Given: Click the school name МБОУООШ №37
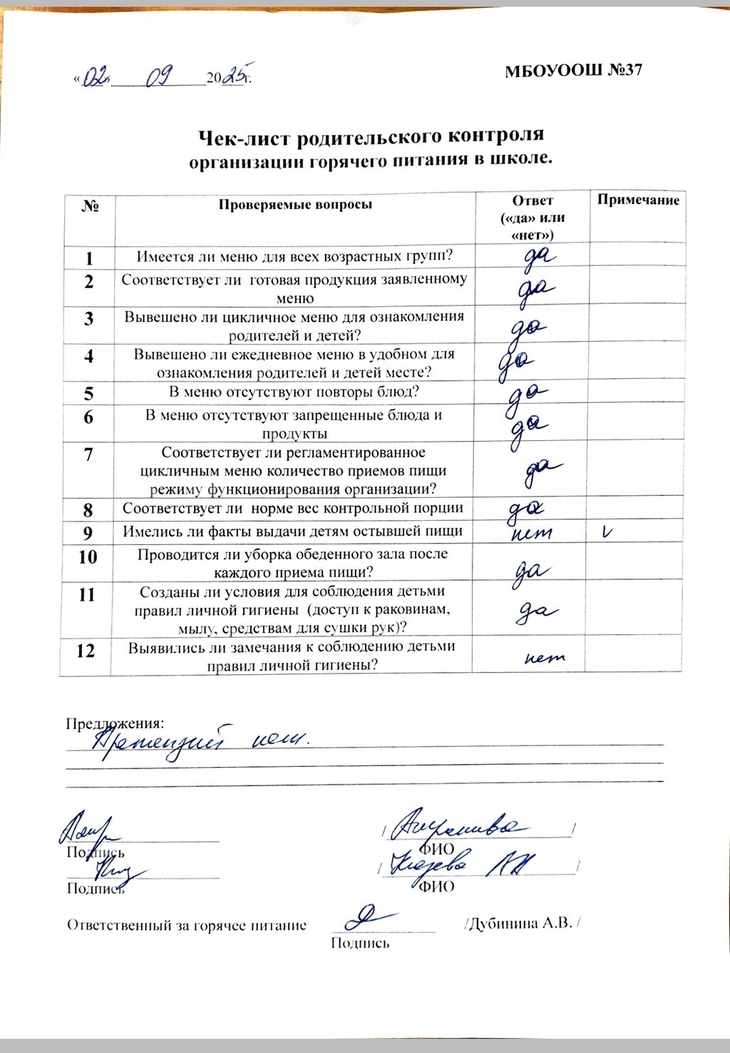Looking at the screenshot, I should tap(574, 71).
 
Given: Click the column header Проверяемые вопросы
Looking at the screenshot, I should tap(295, 205).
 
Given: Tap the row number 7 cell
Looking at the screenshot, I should tap(88, 454).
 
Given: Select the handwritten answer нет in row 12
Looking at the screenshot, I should tap(544, 657).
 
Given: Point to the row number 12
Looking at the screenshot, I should tap(86, 651).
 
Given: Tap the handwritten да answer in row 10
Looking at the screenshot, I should tap(531, 571).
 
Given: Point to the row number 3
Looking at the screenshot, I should tap(88, 318).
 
